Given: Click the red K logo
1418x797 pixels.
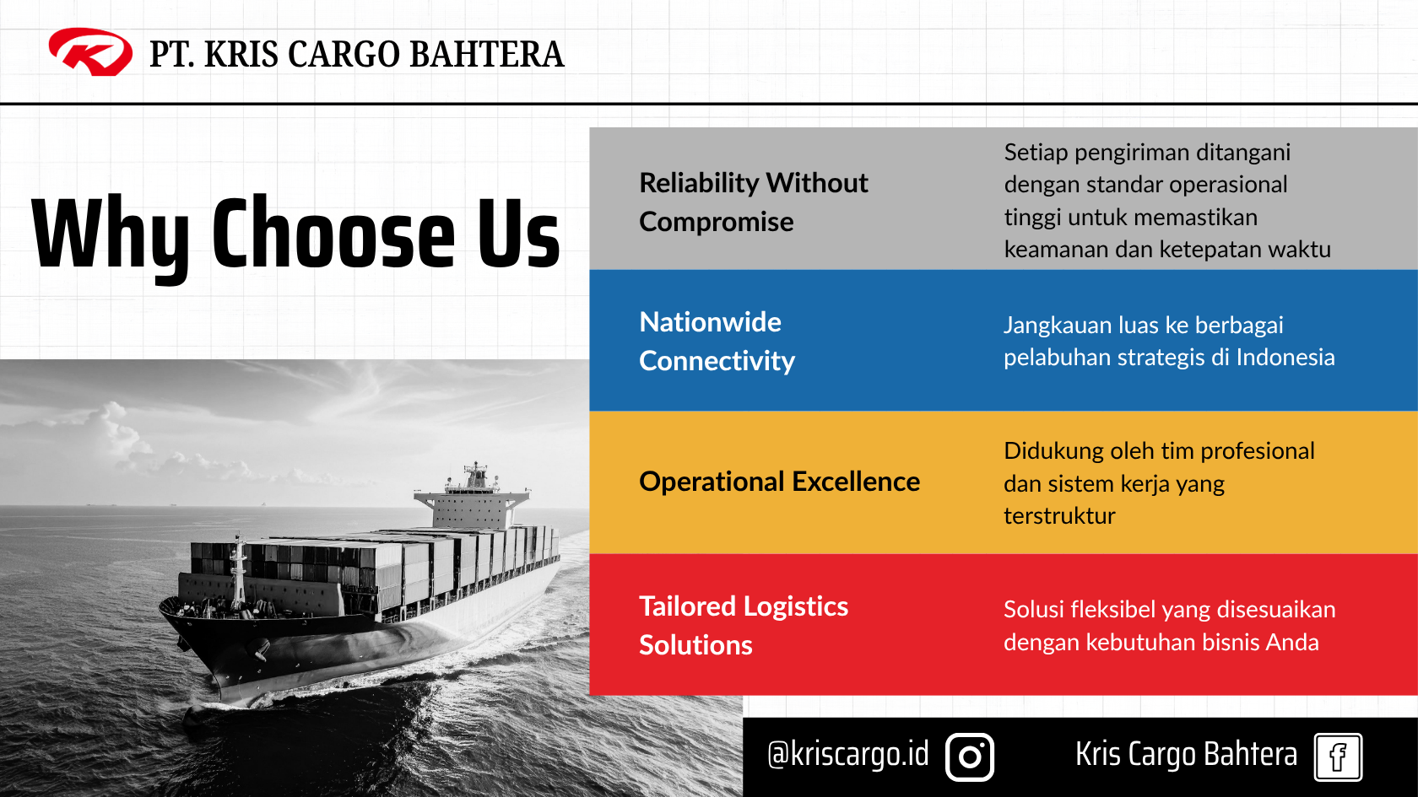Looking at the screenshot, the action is pyautogui.click(x=90, y=52).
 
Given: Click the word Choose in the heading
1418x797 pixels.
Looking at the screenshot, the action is pyautogui.click(x=333, y=234).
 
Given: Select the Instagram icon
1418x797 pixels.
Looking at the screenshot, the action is pyautogui.click(x=969, y=757).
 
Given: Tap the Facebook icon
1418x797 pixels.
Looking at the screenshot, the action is pyautogui.click(x=1339, y=757).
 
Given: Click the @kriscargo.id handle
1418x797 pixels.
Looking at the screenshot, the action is pyautogui.click(x=847, y=755).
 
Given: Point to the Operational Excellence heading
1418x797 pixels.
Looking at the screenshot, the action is pyautogui.click(x=779, y=482).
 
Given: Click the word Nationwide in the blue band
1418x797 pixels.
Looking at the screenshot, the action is pyautogui.click(x=711, y=322).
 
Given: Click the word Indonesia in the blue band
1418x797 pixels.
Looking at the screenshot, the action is pyautogui.click(x=1285, y=358).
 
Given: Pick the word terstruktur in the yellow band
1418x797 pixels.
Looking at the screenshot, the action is pyautogui.click(x=1059, y=516).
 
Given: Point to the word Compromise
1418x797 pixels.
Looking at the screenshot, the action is pyautogui.click(x=716, y=222).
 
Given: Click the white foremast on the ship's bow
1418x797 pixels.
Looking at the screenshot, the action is pyautogui.click(x=238, y=573).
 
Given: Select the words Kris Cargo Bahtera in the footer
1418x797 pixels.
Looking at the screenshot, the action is pyautogui.click(x=1187, y=754).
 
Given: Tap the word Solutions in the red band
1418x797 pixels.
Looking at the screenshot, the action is pyautogui.click(x=695, y=645).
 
